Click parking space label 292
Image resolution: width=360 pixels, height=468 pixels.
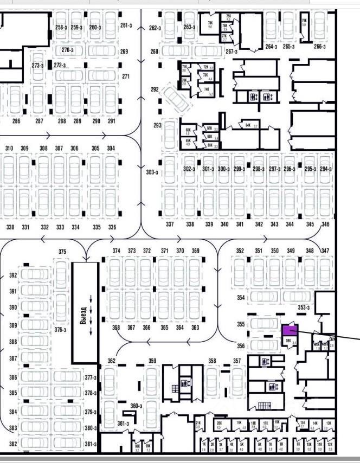click(x=155, y=89)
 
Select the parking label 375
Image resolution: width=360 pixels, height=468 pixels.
click(x=62, y=252)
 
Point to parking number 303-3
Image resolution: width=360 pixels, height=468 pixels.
click(x=152, y=172)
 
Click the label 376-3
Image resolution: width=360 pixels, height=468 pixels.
click(x=60, y=330)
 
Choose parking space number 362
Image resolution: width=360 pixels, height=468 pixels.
click(x=112, y=361)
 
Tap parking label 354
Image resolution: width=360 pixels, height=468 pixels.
click(x=241, y=298)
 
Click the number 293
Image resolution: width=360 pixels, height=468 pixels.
click(x=158, y=126)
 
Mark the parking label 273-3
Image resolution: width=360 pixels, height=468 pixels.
click(x=37, y=66)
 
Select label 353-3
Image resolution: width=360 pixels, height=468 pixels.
click(x=303, y=307)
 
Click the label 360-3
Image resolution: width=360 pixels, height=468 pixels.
click(x=136, y=406)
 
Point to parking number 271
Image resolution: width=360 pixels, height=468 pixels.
click(x=126, y=76)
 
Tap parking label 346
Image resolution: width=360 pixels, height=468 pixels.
click(x=325, y=224)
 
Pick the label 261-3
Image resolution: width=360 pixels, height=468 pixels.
click(x=126, y=25)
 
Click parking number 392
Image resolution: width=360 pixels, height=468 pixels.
click(x=13, y=275)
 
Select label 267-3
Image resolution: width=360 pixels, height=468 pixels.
click(x=232, y=52)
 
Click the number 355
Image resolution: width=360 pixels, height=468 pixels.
click(x=241, y=324)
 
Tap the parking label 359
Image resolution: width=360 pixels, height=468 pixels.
click(x=153, y=361)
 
